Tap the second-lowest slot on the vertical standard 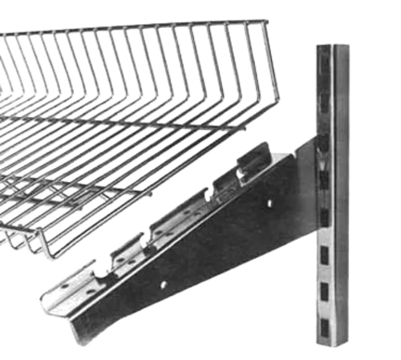coord(325,290)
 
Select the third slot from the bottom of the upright coord(324,256)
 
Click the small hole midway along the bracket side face coord(164,284)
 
